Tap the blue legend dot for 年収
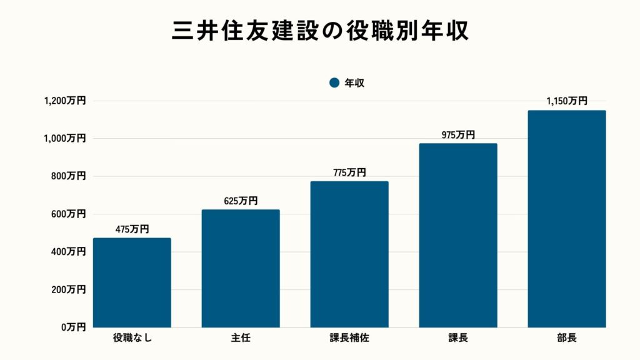(x=334, y=82)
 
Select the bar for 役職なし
(x=132, y=282)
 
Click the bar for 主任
(x=241, y=268)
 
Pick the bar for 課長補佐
(x=349, y=254)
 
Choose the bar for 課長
(x=458, y=236)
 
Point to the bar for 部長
(x=567, y=219)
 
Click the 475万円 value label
(x=132, y=229)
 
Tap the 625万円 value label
(x=241, y=201)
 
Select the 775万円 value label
(x=349, y=172)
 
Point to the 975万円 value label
(x=458, y=135)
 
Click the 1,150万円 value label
(x=567, y=101)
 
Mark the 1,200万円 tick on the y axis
(x=64, y=101)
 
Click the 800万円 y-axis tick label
(x=68, y=176)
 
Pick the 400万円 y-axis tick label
(x=68, y=252)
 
